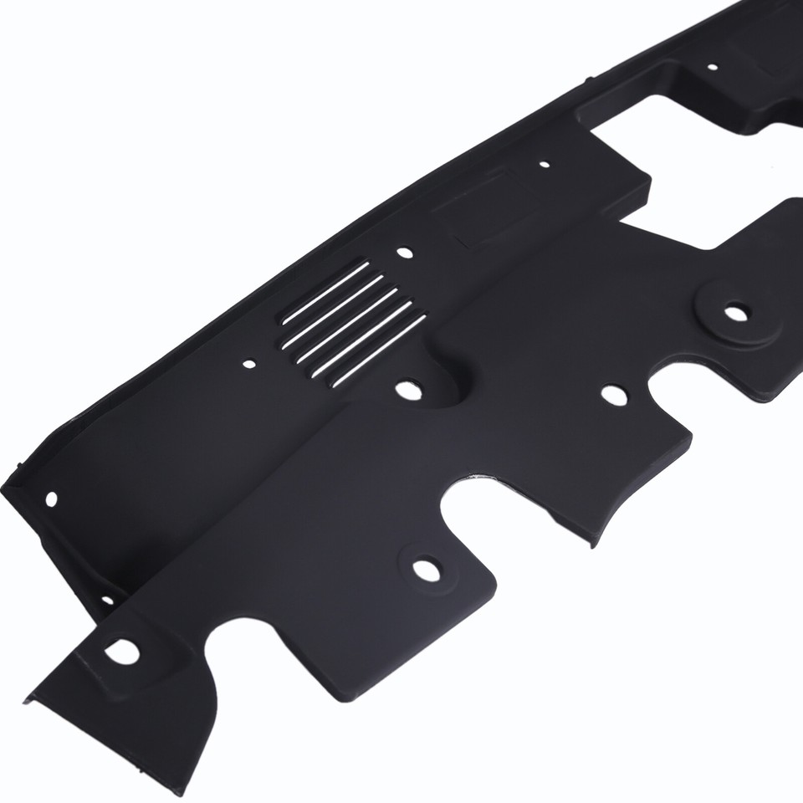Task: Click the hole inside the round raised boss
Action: click(x=734, y=313)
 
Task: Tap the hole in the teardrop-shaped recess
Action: click(x=407, y=389)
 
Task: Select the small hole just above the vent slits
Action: click(x=405, y=252)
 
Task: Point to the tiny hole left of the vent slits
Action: click(x=249, y=366)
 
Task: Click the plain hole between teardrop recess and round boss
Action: click(x=613, y=393)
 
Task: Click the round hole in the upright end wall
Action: click(x=51, y=499)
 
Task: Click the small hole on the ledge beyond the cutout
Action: click(x=712, y=66)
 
